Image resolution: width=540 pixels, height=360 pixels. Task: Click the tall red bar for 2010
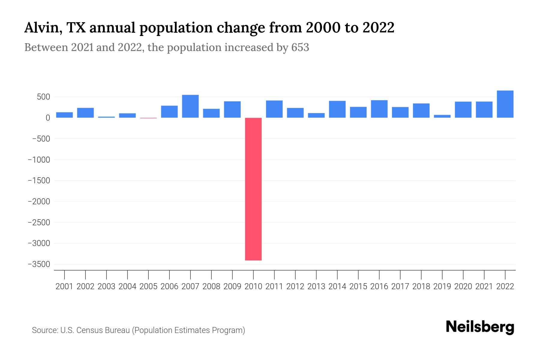[x=253, y=189]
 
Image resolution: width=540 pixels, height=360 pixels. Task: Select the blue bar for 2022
[x=505, y=104]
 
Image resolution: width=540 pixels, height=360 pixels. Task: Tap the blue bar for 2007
[x=190, y=106]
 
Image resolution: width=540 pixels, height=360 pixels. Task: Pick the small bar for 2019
[x=442, y=116]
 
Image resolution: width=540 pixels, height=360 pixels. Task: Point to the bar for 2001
[x=64, y=115]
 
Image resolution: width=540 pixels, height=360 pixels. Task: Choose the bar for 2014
[x=337, y=109]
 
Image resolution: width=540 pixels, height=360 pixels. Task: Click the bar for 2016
[x=379, y=109]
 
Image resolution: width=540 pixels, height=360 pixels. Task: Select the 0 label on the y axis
[x=47, y=118]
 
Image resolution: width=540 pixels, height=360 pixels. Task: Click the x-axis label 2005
[x=148, y=286]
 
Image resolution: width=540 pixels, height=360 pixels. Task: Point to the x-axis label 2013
[x=316, y=286]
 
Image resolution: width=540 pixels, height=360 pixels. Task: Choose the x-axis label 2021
[x=484, y=286]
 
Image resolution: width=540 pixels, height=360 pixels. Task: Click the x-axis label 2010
[x=253, y=286]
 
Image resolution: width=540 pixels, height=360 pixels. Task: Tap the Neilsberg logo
[x=480, y=327]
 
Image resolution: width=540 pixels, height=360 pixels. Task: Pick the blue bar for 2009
[x=232, y=109]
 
